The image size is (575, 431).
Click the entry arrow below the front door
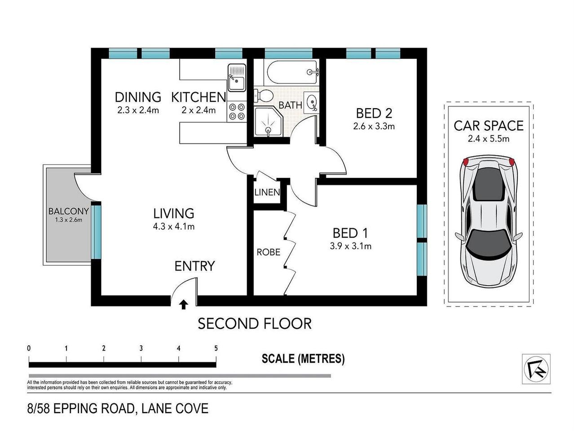point(183,305)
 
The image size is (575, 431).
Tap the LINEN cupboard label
point(267,193)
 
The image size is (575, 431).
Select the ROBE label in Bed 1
point(268,252)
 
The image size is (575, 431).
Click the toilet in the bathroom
point(265,96)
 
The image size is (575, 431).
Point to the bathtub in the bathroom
point(292,72)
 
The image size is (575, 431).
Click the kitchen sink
point(236,77)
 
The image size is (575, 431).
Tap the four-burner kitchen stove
point(237,112)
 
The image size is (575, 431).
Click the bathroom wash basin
point(311,102)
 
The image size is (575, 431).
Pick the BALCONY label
point(69,211)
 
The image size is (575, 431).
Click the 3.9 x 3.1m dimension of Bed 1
point(350,246)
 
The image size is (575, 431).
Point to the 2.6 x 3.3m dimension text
point(374,126)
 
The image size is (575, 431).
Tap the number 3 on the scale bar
point(141,348)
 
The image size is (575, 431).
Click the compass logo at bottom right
point(536,369)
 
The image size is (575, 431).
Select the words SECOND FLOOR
point(255,323)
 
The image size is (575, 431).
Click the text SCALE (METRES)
point(303,359)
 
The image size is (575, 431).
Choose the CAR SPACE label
point(488,126)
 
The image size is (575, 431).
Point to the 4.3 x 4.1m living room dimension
point(173,227)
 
